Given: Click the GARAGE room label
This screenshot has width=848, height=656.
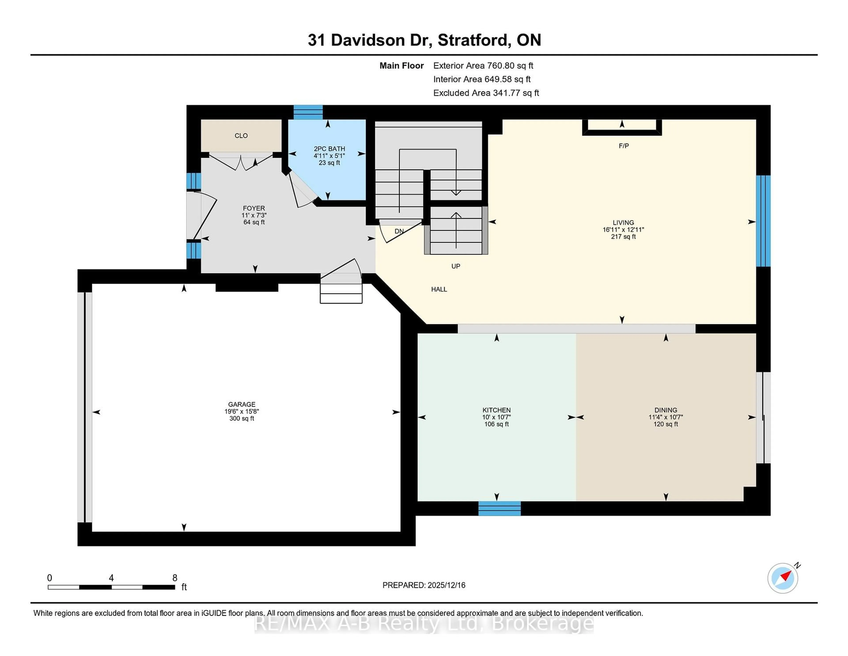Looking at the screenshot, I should (242, 404).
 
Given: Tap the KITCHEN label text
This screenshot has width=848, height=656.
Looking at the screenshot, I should (496, 410).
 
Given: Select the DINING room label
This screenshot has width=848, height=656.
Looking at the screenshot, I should (666, 410).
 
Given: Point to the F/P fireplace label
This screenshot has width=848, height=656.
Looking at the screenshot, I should (624, 146).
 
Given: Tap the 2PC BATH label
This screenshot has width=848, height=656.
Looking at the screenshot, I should (329, 149).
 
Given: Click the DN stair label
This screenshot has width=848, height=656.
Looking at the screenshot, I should (399, 231).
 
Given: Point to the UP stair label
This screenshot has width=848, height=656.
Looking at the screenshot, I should (455, 266).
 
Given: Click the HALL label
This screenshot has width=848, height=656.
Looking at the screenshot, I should (439, 289).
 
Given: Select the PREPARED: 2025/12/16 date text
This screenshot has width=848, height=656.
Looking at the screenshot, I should (424, 585).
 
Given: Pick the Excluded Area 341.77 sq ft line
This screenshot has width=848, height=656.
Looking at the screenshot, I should (486, 93).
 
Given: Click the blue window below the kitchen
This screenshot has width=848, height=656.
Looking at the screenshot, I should (499, 508).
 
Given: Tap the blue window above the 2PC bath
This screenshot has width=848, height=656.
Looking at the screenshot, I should (308, 112).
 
